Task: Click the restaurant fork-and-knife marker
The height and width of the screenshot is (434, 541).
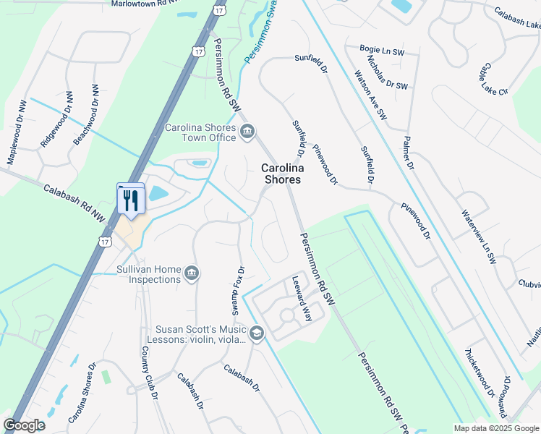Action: [131, 199]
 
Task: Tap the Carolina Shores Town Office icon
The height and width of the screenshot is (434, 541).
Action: [247, 131]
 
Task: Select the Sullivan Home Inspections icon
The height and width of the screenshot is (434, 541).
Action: [192, 273]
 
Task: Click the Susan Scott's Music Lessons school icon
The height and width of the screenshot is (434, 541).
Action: [257, 333]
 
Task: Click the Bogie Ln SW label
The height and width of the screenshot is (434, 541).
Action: [375, 49]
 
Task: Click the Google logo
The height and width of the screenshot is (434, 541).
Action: [24, 425]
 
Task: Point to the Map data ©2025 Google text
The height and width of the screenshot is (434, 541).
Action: [495, 428]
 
